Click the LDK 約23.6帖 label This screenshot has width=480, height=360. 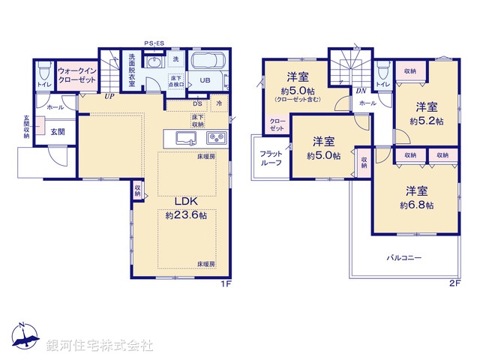[185, 208]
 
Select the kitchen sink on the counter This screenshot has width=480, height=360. [185, 137]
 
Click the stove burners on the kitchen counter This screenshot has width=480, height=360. [217, 137]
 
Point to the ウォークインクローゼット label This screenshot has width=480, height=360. [76, 74]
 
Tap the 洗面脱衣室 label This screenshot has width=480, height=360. [131, 69]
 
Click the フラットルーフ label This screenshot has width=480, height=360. [271, 157]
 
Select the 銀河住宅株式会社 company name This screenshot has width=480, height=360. [99, 345]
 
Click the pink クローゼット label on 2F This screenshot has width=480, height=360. [277, 124]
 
